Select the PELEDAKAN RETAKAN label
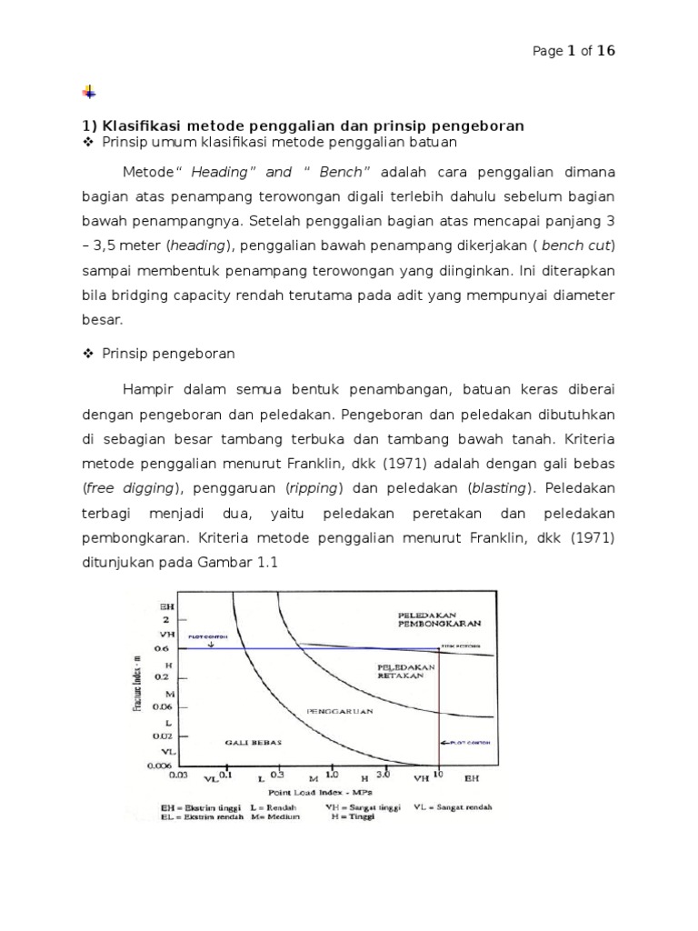click(x=406, y=672)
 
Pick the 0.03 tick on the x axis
click(x=178, y=777)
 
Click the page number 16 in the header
click(x=605, y=51)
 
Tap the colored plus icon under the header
click(x=88, y=92)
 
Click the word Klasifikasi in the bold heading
click(x=141, y=125)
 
